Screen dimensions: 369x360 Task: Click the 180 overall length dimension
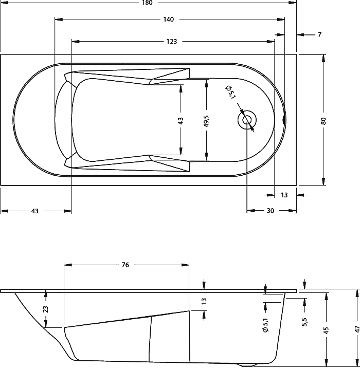coord(148,3)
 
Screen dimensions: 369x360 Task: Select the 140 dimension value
coord(168,20)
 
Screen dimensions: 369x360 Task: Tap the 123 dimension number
coord(171,41)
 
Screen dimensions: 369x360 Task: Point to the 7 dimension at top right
coord(319,34)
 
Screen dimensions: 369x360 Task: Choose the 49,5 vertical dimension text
coord(206,121)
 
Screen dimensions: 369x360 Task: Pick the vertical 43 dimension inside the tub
coord(181,121)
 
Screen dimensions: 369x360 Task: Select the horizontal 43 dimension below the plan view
coord(35,211)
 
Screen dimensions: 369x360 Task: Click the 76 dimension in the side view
coord(125,265)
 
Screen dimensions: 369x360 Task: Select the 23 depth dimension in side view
coord(46,309)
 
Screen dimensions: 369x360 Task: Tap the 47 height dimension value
coord(356,329)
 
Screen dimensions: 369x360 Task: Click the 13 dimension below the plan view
coord(284,195)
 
